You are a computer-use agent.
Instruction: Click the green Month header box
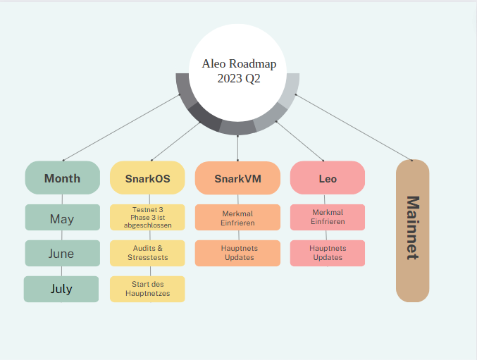(x=62, y=178)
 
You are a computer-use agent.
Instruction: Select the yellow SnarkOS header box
(x=147, y=178)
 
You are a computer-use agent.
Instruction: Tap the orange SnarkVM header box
(x=237, y=178)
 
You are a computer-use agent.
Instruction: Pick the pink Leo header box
(x=328, y=178)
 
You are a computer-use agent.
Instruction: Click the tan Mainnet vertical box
(x=413, y=231)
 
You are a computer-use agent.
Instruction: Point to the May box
(x=62, y=218)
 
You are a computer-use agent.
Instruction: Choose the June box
(x=62, y=254)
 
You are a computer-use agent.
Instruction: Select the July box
(x=62, y=289)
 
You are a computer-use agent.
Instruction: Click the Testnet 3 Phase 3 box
(x=147, y=217)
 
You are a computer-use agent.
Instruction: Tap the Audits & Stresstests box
(x=147, y=253)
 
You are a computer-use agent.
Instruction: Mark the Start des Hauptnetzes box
(x=147, y=289)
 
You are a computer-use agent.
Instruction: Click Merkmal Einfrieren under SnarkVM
(x=237, y=217)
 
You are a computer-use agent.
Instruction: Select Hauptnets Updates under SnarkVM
(x=237, y=253)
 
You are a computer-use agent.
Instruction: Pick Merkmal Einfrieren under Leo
(x=328, y=217)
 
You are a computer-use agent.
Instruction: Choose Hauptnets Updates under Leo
(x=328, y=253)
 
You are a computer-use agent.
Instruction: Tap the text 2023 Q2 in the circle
(x=238, y=79)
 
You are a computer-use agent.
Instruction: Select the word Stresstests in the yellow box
(x=147, y=257)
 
